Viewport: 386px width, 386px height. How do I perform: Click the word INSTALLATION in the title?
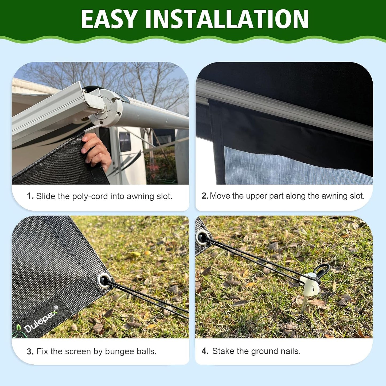point(227,19)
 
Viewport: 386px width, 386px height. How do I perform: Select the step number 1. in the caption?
point(30,196)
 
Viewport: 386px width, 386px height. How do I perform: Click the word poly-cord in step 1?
point(89,196)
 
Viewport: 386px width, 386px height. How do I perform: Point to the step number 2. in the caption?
point(205,196)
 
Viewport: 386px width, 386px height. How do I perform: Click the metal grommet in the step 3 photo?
point(104,280)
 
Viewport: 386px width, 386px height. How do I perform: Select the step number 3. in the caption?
point(30,352)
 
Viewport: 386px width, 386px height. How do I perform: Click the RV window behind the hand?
point(125,141)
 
